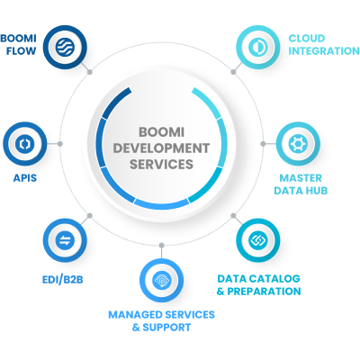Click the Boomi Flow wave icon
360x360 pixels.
65,47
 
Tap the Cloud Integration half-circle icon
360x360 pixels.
258,47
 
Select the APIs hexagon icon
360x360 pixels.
25,144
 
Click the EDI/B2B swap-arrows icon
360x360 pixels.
65,240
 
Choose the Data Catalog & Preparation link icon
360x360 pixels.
258,240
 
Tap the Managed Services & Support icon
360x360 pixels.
161,280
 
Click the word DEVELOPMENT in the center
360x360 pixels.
161,148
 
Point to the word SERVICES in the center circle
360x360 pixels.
161,164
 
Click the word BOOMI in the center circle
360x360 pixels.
161,132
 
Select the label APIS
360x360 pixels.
25,178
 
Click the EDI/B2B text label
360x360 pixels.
63,280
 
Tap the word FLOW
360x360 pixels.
21,51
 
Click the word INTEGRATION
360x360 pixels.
324,51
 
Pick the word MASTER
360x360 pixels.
301,178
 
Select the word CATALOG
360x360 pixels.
274,279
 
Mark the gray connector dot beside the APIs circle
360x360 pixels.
60,144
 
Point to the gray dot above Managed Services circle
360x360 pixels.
161,246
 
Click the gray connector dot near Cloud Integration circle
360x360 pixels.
233,72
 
